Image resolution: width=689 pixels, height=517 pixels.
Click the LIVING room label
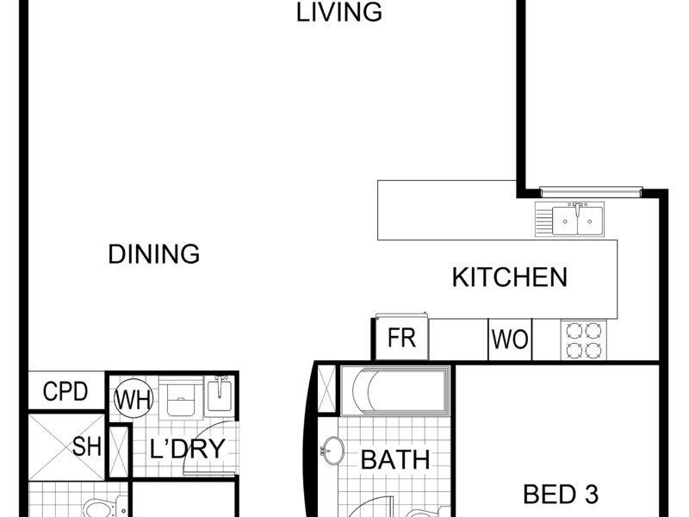(338, 12)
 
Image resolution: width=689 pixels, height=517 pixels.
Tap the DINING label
(154, 254)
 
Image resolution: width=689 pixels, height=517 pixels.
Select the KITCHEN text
(510, 277)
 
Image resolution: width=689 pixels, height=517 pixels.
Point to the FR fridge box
(401, 337)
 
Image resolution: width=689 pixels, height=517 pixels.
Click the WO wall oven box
(510, 339)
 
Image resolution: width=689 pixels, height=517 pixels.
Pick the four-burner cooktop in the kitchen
(584, 340)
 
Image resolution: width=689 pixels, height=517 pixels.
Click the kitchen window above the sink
(591, 191)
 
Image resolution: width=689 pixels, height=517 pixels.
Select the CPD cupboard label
(65, 391)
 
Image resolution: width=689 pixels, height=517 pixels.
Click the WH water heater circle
(133, 398)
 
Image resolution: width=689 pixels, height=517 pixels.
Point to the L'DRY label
(188, 449)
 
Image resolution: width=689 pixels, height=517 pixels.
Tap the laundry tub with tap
(220, 394)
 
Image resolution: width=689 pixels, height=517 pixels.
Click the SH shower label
(87, 446)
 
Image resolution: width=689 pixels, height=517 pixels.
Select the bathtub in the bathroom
(395, 391)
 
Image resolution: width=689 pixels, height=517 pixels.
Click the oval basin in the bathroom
(332, 450)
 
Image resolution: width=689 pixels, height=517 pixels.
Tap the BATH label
(395, 460)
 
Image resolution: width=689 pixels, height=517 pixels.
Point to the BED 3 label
(561, 494)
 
